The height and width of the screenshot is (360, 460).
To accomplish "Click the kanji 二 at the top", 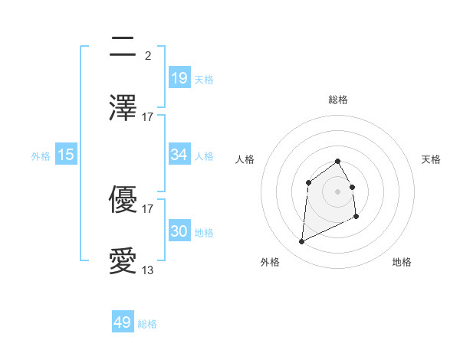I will point(123,47).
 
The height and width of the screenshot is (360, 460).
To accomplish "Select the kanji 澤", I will point(123,107).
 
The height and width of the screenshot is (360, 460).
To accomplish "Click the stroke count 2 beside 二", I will point(148,56).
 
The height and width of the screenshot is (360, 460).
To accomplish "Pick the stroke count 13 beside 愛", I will point(148,270).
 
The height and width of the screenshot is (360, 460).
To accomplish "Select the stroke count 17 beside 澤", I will point(148,116).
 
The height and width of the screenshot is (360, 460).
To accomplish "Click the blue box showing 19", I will point(179,77).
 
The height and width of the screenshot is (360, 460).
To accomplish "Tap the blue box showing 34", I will point(179,155).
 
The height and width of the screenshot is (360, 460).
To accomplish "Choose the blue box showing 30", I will point(179,231).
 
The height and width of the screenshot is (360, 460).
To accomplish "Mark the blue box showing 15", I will point(66,155).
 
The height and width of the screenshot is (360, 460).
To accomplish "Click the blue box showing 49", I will point(123,322).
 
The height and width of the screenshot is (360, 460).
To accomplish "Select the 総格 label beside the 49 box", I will point(147,324).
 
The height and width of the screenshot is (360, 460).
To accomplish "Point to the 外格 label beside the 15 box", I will point(41,156).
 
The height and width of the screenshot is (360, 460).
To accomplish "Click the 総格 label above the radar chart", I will point(338,100).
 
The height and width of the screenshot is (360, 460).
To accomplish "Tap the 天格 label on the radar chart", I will point(432,159).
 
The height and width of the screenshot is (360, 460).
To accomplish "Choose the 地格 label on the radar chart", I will point(402,262).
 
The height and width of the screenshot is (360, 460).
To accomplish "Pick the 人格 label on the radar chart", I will point(245,159).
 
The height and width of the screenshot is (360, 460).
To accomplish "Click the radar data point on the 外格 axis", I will point(301,242).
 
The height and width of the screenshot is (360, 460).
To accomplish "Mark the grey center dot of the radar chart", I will point(338,191).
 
